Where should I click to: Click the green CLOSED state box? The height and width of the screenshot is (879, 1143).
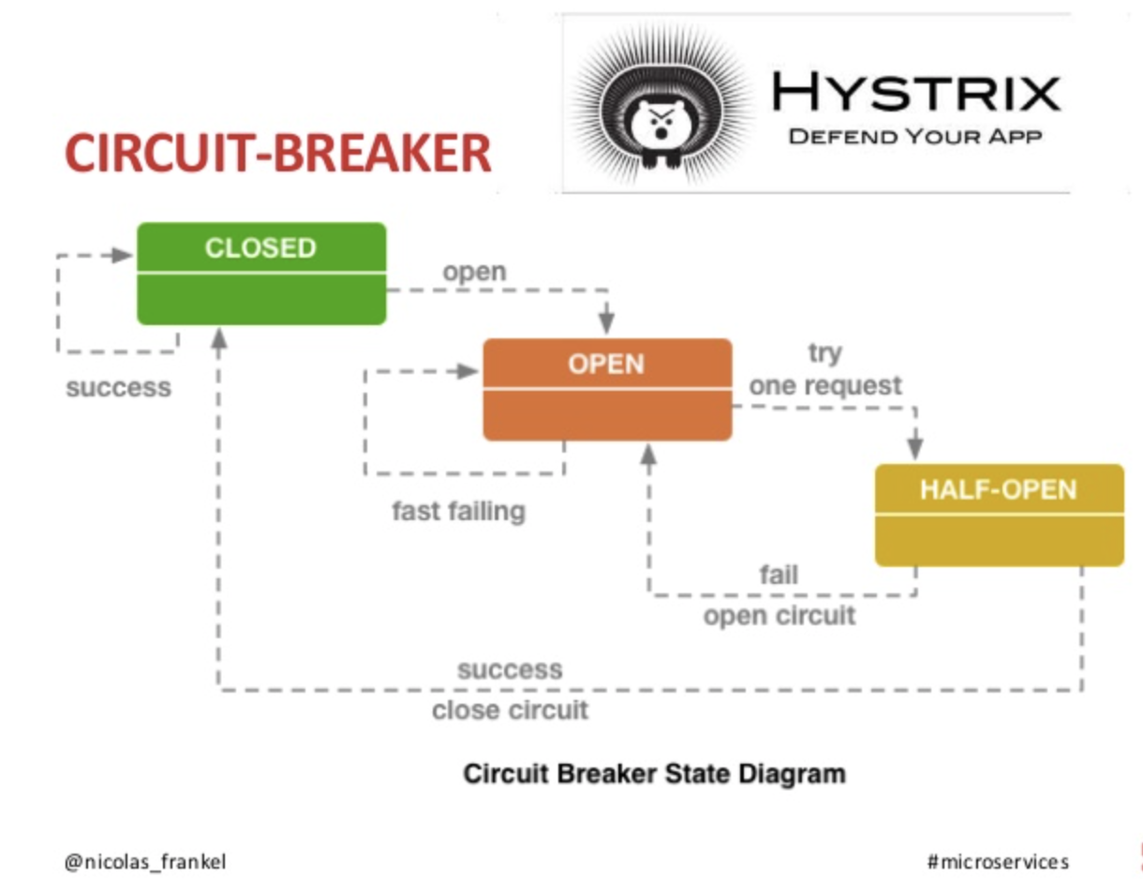click(x=261, y=273)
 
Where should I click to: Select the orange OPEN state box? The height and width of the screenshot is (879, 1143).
click(x=607, y=389)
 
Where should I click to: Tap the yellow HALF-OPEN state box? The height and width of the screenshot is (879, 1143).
click(x=999, y=514)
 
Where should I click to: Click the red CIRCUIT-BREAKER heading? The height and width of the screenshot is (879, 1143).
click(x=278, y=154)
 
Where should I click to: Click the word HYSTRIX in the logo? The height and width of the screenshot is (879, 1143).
click(x=915, y=93)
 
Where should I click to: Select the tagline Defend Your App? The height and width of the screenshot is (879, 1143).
click(x=914, y=137)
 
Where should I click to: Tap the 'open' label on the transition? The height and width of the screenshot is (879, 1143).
click(x=474, y=272)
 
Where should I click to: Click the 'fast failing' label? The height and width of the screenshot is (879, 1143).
click(x=458, y=512)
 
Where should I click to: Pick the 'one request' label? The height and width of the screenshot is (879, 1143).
click(x=825, y=385)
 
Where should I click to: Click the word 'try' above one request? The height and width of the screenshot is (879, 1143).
click(x=824, y=353)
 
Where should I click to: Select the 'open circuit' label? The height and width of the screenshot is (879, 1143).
click(x=779, y=616)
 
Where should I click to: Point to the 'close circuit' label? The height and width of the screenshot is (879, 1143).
click(x=510, y=710)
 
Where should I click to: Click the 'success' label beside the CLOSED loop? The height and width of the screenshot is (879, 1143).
click(x=119, y=388)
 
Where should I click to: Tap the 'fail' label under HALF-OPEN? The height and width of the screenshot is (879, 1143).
click(x=779, y=574)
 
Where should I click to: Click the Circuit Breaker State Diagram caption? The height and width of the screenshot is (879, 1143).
click(x=655, y=775)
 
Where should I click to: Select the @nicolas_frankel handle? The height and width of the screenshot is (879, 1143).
click(x=145, y=861)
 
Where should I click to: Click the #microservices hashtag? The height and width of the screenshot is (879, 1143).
click(x=998, y=861)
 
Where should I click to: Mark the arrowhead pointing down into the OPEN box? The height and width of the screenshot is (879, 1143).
click(x=607, y=322)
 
